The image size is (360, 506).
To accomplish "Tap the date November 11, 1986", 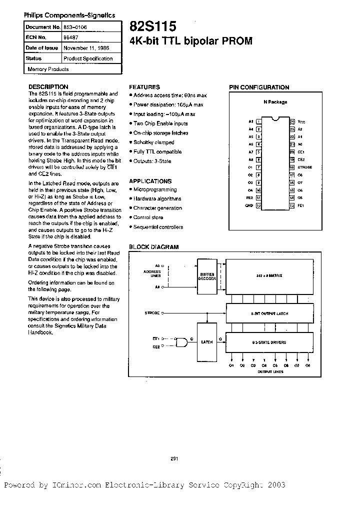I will [86, 48].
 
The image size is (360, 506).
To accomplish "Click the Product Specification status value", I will [88, 58].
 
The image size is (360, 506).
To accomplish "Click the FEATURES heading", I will [144, 87].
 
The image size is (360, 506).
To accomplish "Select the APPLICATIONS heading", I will [150, 181].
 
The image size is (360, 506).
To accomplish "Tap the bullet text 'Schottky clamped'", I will [153, 142].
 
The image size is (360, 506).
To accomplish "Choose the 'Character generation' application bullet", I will [157, 208].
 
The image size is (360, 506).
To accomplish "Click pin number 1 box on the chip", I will [258, 121].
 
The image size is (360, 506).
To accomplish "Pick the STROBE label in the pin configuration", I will [304, 167].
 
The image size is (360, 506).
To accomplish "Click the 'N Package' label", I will [275, 102].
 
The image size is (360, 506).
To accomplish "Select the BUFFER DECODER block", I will [207, 277].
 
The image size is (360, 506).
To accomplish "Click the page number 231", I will [174, 458].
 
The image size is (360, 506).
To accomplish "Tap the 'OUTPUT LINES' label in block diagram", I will [270, 372].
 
